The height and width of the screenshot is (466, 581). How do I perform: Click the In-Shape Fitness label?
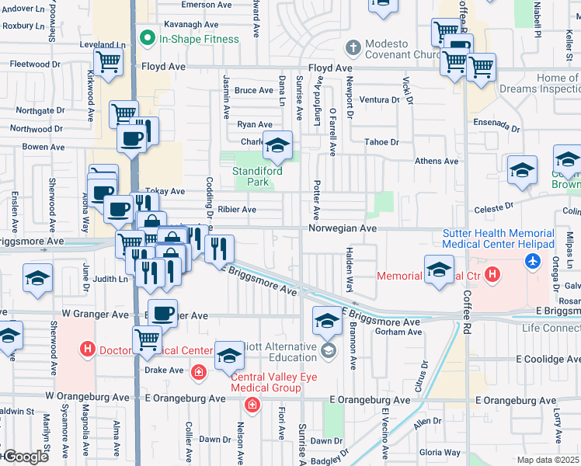pos(189,37)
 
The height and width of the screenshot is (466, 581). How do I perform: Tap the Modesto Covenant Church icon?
pos(353,47)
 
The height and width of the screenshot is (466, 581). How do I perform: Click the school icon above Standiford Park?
pos(277,145)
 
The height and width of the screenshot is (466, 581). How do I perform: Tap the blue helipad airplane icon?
pos(533,261)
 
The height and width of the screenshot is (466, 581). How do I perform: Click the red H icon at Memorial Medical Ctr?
pos(491,276)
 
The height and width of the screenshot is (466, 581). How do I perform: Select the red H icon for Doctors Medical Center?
pos(88,349)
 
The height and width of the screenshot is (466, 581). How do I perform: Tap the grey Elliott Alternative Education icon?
pos(329,353)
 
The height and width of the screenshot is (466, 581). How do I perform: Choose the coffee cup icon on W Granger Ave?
pos(162,312)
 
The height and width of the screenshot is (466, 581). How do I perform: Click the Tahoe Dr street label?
pos(381,142)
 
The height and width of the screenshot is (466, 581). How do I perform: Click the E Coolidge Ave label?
pos(548,360)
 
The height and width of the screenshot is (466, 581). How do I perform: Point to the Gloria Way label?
pos(440,452)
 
